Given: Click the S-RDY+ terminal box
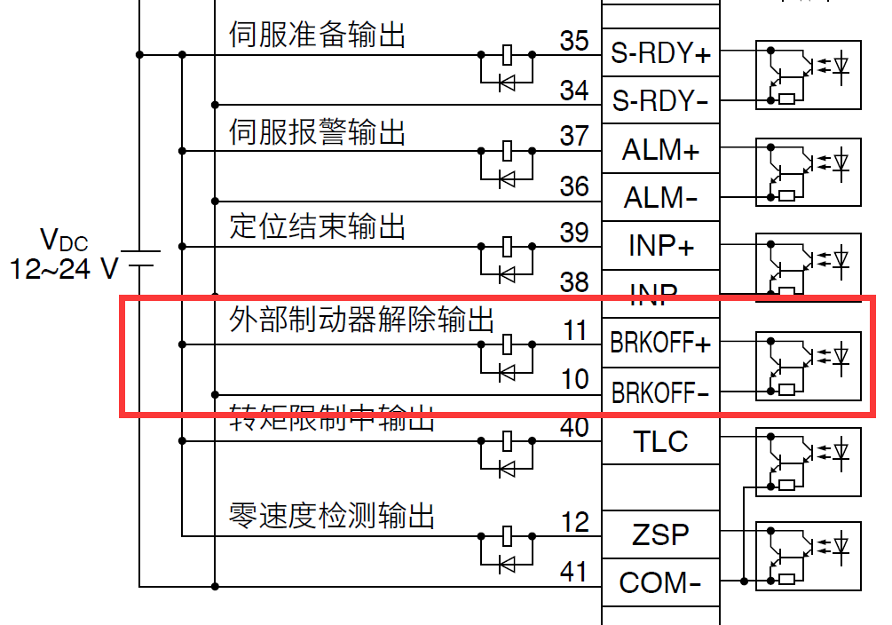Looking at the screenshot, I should tap(660, 53).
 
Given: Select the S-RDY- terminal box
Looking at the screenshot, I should tap(660, 101).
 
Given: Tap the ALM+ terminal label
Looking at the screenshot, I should tap(660, 150).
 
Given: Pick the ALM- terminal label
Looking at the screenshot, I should tap(660, 197).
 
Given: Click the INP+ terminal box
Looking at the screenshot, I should tap(660, 245).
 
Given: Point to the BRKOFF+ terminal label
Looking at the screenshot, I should tap(660, 343).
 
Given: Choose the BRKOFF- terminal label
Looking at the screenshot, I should tap(660, 392).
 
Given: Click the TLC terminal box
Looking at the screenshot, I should tap(660, 440).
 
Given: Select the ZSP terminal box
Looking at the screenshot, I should tap(660, 534).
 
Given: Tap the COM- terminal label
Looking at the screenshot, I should tap(660, 583).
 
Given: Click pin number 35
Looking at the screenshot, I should tap(574, 41).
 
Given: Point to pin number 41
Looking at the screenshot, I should tap(574, 571).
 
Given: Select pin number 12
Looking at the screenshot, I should tap(574, 522).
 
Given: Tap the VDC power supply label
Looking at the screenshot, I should tap(64, 239).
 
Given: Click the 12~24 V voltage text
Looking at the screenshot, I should tap(64, 268).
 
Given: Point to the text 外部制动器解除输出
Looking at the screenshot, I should tap(361, 320).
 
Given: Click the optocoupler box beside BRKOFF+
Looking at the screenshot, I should tap(808, 366).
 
